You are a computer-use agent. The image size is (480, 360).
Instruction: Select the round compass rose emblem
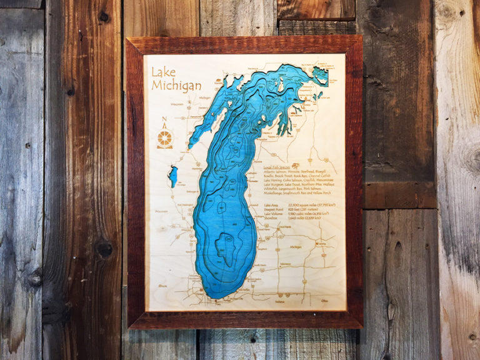[x=165, y=138]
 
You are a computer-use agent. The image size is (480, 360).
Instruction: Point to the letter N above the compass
[x=164, y=121]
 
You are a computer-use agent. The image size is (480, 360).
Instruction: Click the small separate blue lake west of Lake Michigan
[x=173, y=176]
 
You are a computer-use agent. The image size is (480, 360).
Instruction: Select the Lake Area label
[x=272, y=205]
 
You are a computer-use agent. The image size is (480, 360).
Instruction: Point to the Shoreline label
[x=272, y=218]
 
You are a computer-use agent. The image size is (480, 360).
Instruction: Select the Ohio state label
[x=324, y=301]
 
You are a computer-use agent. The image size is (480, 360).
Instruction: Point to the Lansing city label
[x=323, y=244]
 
